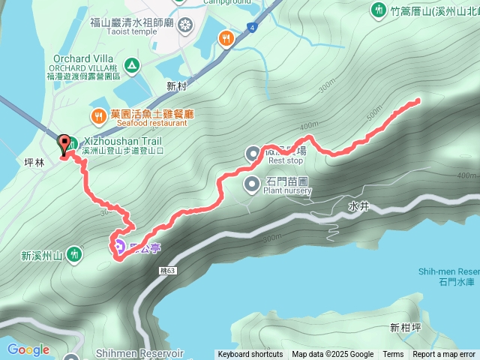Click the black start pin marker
(x=64, y=143)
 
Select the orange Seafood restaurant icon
(x=98, y=115)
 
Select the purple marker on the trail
(x=118, y=246)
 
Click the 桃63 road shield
(x=169, y=270)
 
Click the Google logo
(x=28, y=349)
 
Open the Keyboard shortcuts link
(x=250, y=355)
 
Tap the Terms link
(x=393, y=355)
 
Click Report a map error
(x=444, y=355)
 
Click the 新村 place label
(x=176, y=87)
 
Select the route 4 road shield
(x=254, y=28)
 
